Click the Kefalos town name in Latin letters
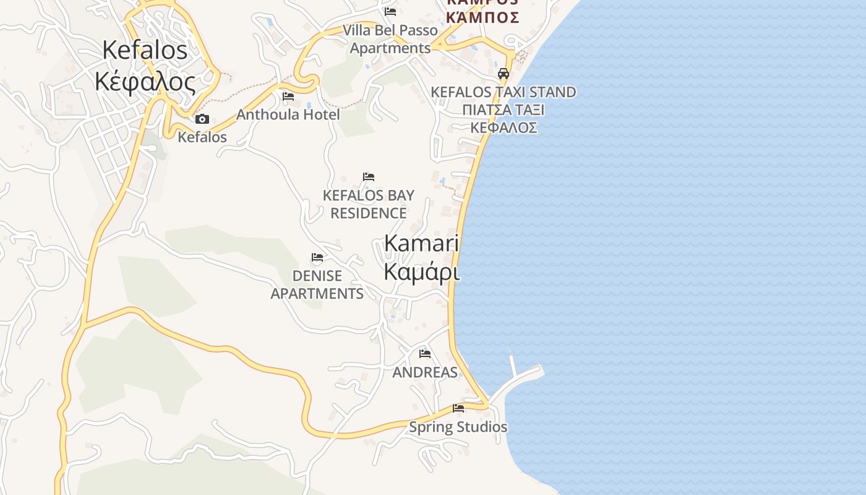(x=145, y=50)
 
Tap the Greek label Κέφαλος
(x=145, y=81)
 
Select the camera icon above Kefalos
(x=202, y=119)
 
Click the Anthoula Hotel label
(x=288, y=114)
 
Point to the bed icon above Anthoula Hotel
(x=288, y=97)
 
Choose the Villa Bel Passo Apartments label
(x=390, y=39)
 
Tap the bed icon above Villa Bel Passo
(x=390, y=11)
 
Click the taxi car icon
(x=504, y=74)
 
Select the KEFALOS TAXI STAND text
(x=503, y=92)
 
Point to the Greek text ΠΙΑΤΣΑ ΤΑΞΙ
(x=503, y=110)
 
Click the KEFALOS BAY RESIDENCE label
(x=369, y=204)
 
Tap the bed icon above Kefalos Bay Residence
(x=369, y=177)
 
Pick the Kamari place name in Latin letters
(x=421, y=243)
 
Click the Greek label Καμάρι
(x=422, y=272)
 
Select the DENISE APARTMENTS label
(x=317, y=285)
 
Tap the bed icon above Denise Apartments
(x=317, y=257)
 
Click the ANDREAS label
(x=425, y=372)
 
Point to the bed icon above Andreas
(x=425, y=354)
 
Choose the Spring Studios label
(x=458, y=427)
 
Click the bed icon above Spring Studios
(x=458, y=408)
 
